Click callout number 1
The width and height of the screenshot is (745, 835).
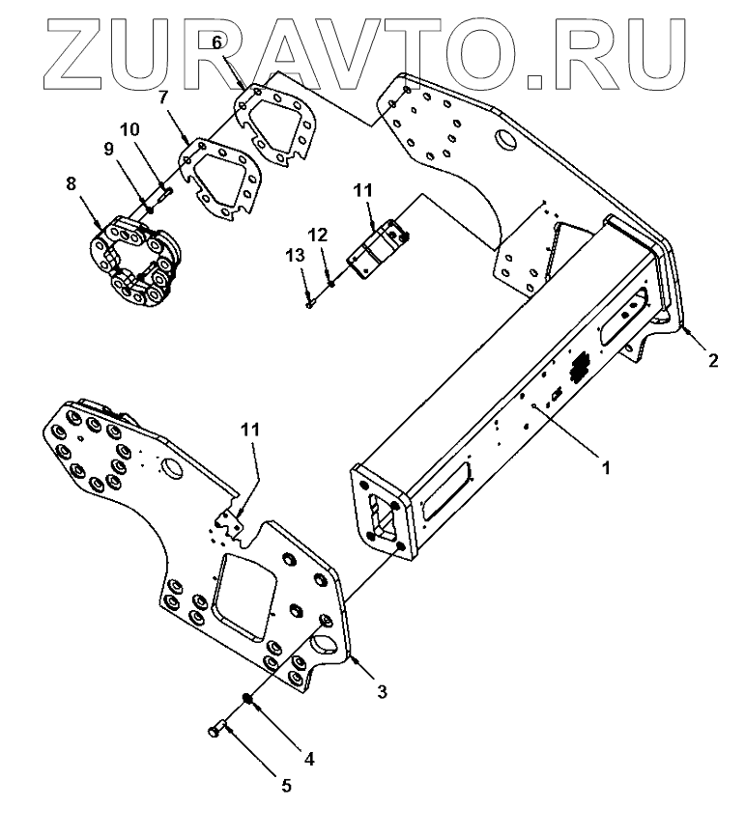(606, 466)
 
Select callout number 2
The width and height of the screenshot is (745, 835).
(712, 361)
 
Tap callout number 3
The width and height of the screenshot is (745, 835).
(382, 691)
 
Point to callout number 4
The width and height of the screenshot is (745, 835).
(310, 760)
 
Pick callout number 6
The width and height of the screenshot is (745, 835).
(216, 42)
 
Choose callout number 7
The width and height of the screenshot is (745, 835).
(163, 97)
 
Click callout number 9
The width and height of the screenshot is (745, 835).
(108, 149)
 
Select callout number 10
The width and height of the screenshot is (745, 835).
(129, 128)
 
